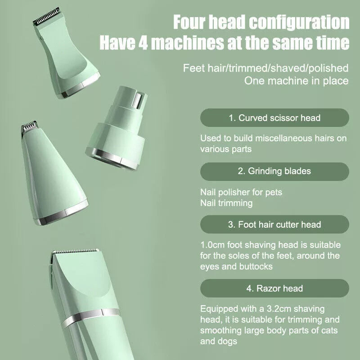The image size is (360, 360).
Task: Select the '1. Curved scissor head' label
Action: click(274, 118)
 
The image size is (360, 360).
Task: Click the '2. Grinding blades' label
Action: click(274, 171)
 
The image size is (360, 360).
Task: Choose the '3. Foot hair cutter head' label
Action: click(274, 224)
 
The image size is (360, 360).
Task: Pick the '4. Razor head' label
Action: click(274, 288)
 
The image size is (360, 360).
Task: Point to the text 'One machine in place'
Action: click(296, 81)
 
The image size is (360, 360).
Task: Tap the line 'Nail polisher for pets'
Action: click(241, 192)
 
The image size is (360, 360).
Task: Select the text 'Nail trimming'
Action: click(226, 203)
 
